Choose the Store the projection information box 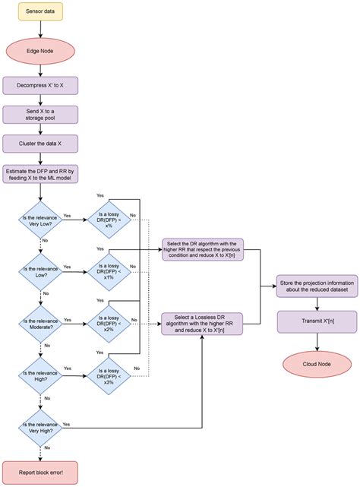(316, 286)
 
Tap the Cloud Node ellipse (316, 363)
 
